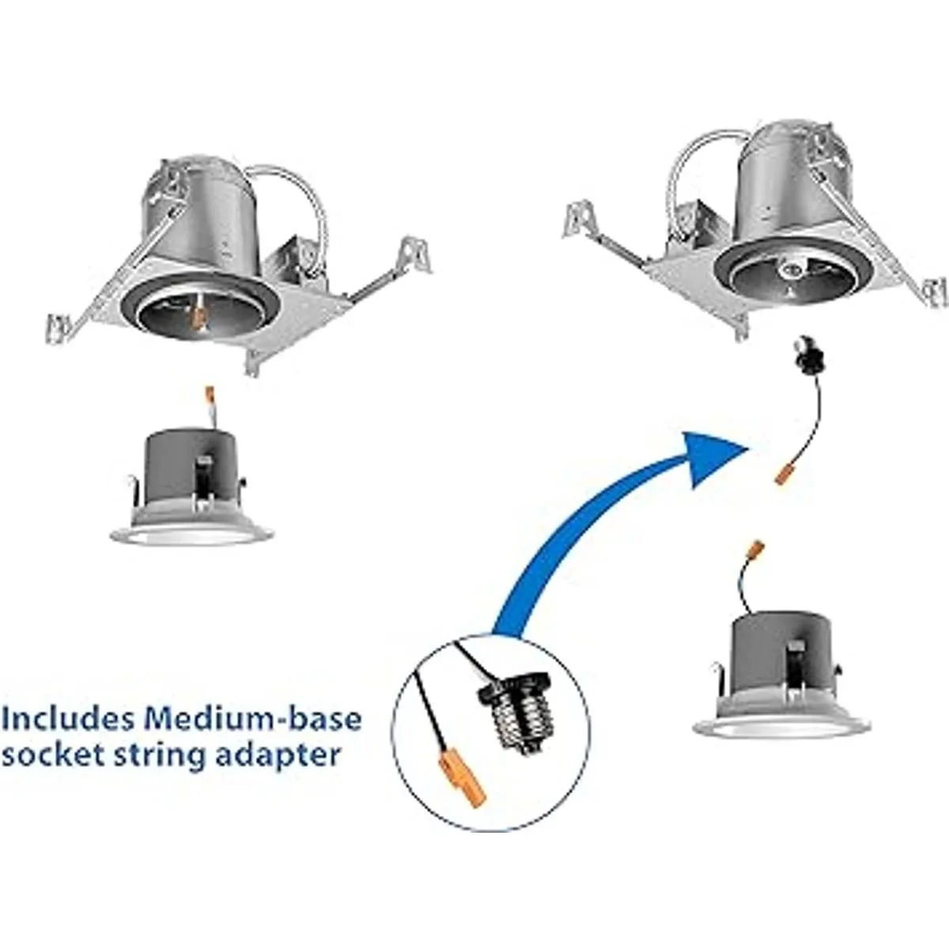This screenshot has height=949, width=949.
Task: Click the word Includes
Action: pos(68,720)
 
